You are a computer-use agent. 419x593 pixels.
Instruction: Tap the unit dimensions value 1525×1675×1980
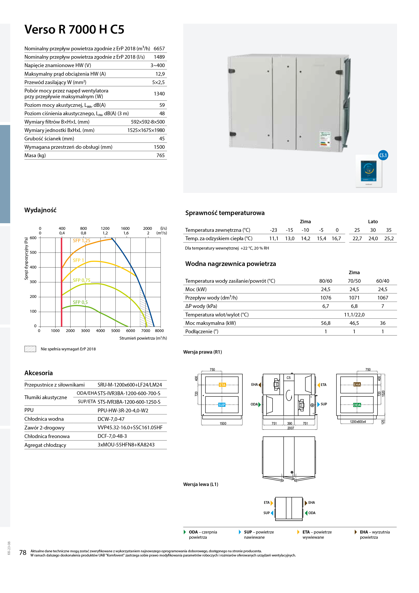[x=146, y=130]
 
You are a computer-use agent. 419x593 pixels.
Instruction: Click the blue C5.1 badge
[x=383, y=155]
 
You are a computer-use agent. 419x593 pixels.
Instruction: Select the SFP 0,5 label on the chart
[x=80, y=302]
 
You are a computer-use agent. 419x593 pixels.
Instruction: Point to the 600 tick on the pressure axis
[x=33, y=238]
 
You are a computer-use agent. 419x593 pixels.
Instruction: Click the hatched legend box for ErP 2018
[x=30, y=349]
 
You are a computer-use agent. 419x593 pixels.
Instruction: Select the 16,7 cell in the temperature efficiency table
[x=336, y=239]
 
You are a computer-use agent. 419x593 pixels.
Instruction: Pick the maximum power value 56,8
[x=326, y=323]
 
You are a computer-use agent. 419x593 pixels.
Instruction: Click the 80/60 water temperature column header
[x=326, y=281]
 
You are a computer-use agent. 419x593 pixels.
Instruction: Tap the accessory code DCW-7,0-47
[x=111, y=419]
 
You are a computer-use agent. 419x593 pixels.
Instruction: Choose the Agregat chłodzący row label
[x=45, y=445]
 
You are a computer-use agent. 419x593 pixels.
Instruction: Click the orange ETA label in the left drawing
[x=222, y=385]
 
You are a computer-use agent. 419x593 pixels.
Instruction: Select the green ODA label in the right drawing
[x=357, y=405]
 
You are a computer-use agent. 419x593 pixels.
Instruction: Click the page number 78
[x=23, y=552]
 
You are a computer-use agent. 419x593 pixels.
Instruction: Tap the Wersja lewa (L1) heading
[x=201, y=484]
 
